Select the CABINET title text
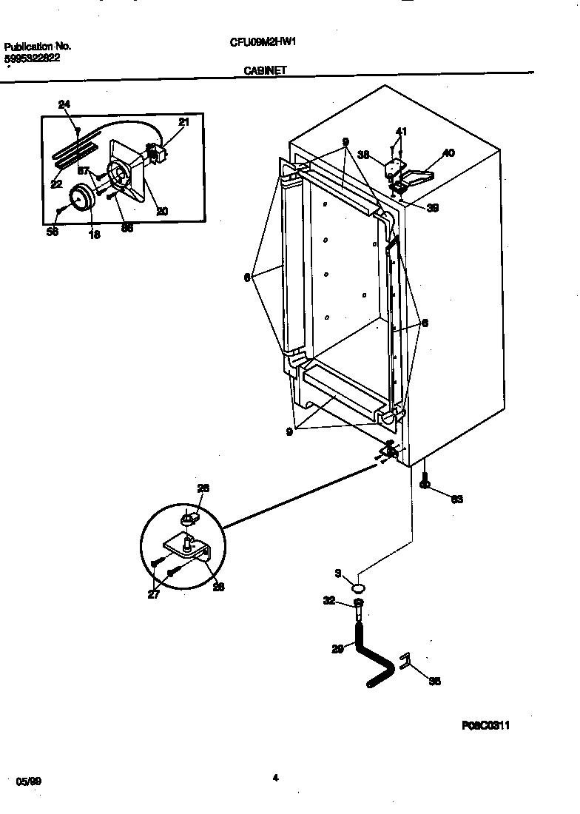(266, 71)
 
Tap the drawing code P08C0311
(485, 726)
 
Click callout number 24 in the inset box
(64, 105)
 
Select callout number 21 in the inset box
(183, 122)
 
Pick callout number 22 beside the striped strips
(57, 184)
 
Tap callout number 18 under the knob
(94, 235)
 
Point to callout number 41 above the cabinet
(400, 132)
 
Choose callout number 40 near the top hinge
(448, 154)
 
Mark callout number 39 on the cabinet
(433, 208)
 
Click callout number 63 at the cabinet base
(456, 499)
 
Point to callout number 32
(330, 602)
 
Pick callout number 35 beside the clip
(435, 682)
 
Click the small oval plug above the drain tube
(360, 588)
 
